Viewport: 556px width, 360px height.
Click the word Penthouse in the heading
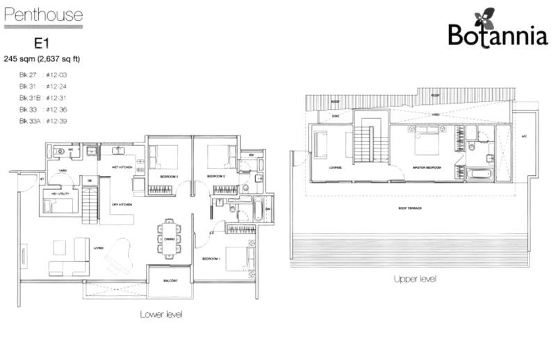coord(43,15)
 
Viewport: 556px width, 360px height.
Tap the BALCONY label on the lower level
coord(168,281)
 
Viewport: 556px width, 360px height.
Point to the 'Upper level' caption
coord(414,279)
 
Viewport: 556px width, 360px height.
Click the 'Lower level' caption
coord(161,314)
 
